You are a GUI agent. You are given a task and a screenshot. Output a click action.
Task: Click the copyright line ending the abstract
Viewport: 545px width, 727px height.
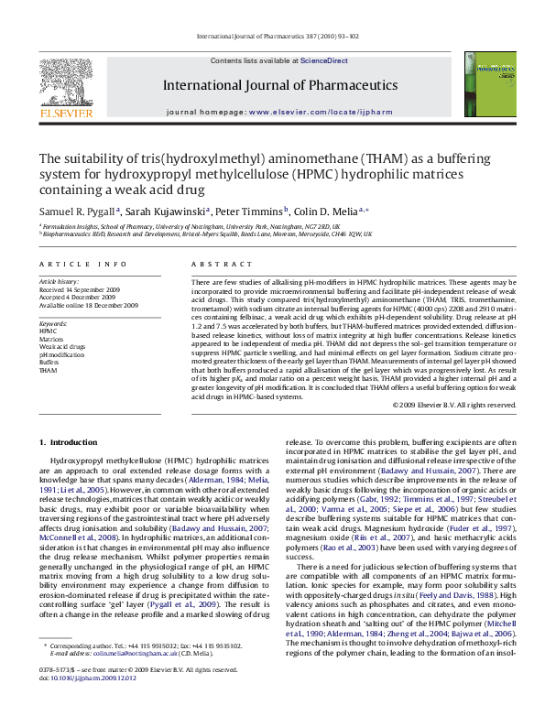coord(453,404)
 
